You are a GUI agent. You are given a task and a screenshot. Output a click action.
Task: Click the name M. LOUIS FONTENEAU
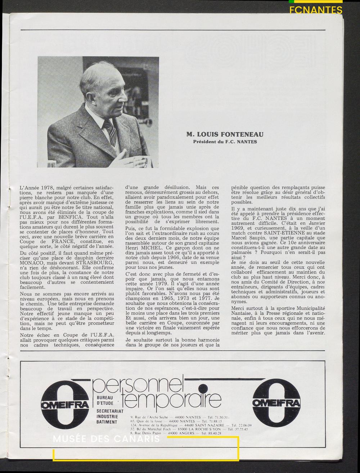coord(225,134)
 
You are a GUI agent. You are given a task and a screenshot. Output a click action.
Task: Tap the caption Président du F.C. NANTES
coord(225,142)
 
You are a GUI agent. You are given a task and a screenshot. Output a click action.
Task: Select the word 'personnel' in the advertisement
coord(139,385)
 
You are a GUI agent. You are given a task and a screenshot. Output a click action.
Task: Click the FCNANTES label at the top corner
coord(316,10)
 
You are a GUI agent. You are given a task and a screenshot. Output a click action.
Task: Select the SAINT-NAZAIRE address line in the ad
coord(191,425)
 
